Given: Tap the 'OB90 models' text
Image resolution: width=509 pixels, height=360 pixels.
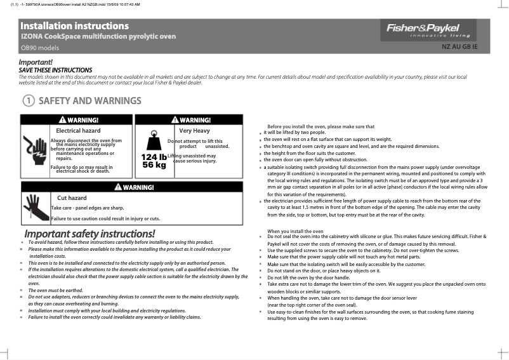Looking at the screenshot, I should pos(40,48).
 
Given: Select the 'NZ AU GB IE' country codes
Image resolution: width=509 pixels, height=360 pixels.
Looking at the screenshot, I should pos(459,47).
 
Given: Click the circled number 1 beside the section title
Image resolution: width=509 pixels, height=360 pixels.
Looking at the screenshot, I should pos(28,101).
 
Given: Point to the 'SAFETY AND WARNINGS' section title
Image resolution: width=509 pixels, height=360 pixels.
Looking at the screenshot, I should pos(89,101).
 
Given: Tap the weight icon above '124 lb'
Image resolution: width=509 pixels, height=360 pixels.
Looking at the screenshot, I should pos(154,142).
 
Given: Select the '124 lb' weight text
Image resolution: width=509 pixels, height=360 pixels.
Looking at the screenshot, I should pos(154,157).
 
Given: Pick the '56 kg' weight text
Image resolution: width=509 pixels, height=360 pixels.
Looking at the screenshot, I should pos(154,165).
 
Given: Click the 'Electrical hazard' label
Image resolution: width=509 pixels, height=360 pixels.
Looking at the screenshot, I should pos(78,130).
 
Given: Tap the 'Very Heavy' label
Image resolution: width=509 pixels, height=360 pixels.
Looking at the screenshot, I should pos(194,130).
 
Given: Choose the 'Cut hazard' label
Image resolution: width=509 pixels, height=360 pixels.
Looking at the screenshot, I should pos(72,197).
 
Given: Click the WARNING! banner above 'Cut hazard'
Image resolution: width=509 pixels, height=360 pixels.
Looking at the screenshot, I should pos(132,187).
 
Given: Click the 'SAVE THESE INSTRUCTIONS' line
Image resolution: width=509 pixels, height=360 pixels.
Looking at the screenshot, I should pos(56,70).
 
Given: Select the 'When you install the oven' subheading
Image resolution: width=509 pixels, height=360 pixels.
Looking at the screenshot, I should pos(295,231).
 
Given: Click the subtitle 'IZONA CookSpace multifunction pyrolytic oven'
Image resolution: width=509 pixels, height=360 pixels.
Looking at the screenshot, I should pos(98,37).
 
